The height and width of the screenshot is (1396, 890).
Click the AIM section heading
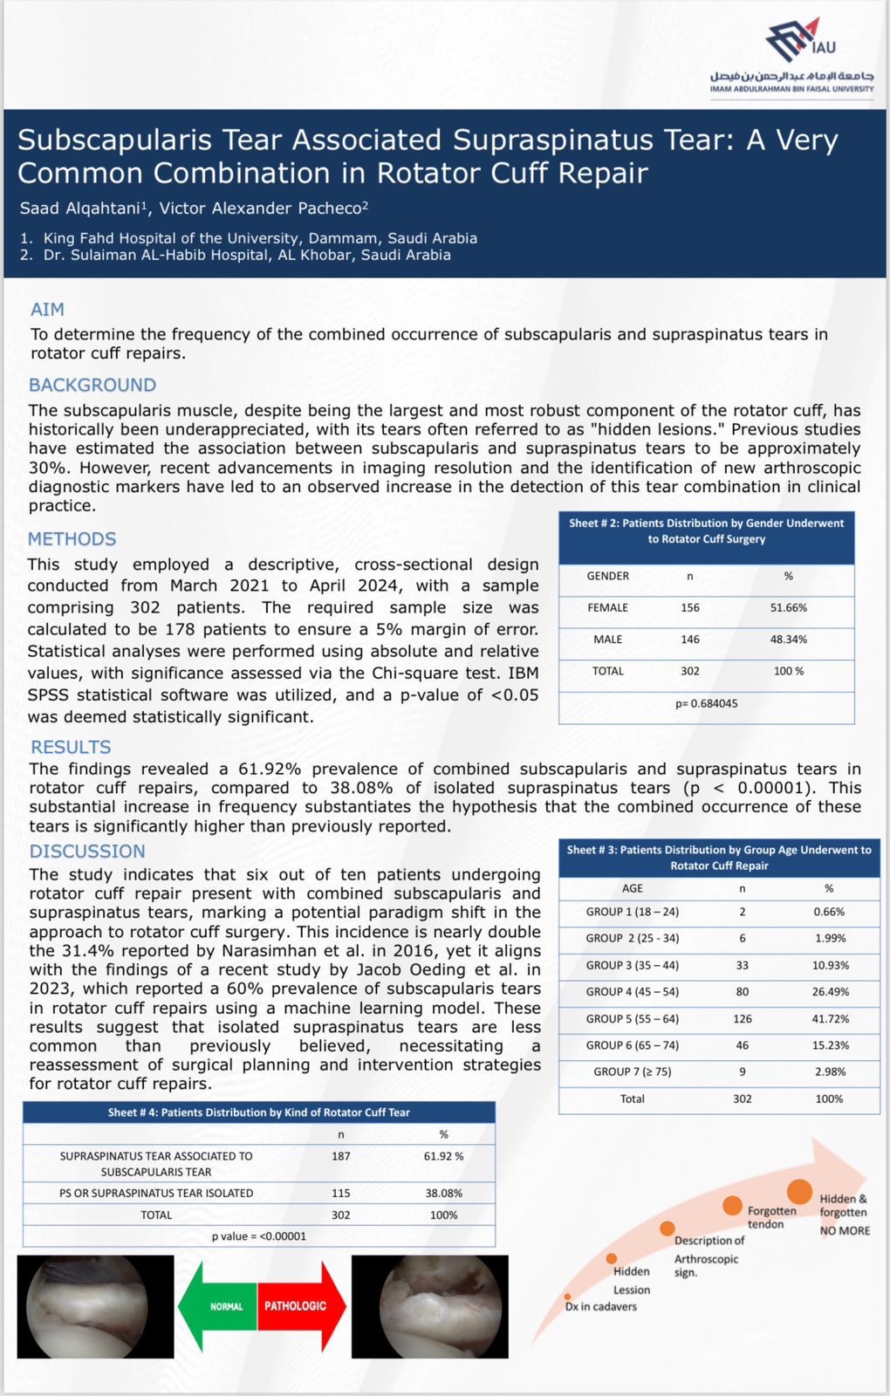click(x=47, y=310)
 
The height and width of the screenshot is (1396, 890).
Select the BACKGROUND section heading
click(x=92, y=386)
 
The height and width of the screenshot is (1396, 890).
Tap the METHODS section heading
click(x=72, y=539)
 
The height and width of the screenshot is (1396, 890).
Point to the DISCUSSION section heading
click(x=87, y=852)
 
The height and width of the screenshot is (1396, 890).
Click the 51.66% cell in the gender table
click(x=788, y=608)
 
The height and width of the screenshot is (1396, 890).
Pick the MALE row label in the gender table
click(x=608, y=640)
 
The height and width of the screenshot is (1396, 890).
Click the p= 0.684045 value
click(x=706, y=703)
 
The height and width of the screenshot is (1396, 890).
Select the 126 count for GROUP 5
click(x=742, y=1019)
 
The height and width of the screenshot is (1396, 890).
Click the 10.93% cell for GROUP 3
click(x=828, y=966)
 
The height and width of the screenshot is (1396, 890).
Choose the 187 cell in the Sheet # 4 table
click(x=340, y=1156)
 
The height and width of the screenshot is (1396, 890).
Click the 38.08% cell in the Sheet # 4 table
click(x=443, y=1194)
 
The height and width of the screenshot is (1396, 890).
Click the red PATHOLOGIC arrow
click(x=301, y=1306)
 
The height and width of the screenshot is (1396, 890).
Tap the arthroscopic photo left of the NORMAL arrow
click(x=95, y=1306)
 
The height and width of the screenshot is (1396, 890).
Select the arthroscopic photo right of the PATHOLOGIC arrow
click(x=429, y=1306)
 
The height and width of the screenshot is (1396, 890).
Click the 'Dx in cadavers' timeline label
click(x=601, y=1307)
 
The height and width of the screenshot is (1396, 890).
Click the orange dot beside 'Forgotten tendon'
click(x=732, y=1206)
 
